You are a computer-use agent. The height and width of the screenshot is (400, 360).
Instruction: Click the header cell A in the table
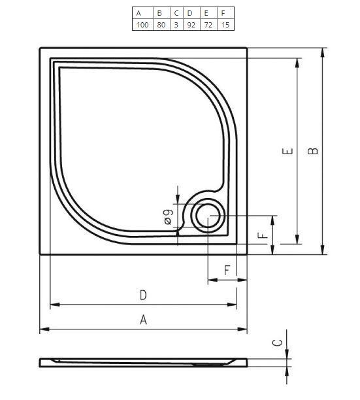click(139, 12)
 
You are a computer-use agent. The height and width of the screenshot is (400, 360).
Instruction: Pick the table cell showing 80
click(161, 24)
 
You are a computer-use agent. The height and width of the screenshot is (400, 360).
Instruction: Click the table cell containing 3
click(176, 24)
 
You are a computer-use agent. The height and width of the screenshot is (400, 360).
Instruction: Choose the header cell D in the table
click(189, 12)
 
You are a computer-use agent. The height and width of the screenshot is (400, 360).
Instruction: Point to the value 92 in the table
click(191, 24)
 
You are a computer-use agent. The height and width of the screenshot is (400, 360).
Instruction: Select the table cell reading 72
click(208, 24)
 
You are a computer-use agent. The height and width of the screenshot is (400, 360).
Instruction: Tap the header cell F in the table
click(224, 12)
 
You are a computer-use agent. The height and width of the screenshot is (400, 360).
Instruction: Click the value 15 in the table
click(225, 24)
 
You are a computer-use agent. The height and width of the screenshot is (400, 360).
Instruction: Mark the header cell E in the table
click(206, 12)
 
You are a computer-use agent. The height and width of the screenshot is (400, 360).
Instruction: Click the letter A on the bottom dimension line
click(143, 319)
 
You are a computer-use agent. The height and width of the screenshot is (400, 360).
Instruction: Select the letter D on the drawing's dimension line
click(143, 295)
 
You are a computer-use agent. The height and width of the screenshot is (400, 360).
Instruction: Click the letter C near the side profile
click(276, 342)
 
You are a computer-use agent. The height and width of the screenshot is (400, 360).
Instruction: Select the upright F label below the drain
click(227, 269)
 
